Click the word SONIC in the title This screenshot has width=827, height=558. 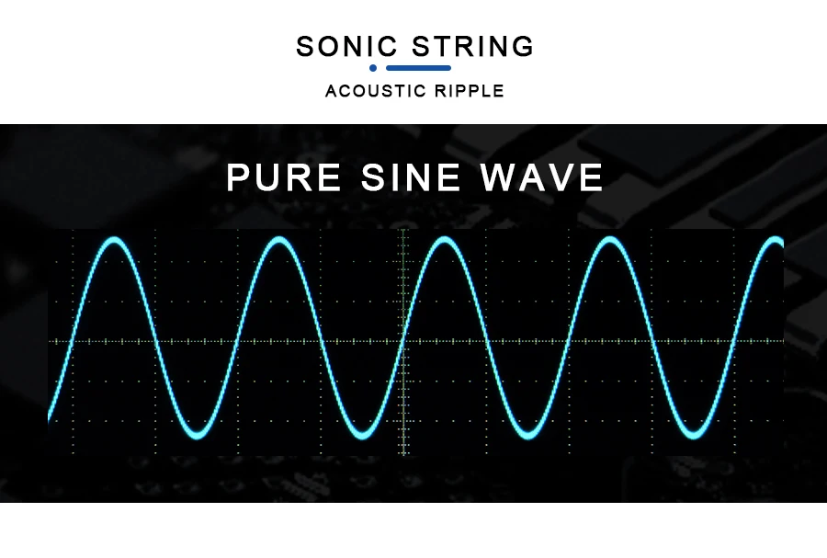point(346,46)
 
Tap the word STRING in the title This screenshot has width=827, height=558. point(472,46)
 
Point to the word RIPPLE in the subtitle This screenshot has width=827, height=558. point(470,91)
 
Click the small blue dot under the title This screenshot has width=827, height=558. point(373,67)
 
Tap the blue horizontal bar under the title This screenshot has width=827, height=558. point(418,67)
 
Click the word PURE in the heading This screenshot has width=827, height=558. point(284,177)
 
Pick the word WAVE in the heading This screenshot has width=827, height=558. point(541,177)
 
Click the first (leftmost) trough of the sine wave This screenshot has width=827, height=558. point(198,435)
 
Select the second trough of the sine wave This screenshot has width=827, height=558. point(362,435)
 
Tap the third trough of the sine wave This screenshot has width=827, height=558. point(528,435)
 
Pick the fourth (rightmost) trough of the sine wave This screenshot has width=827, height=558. point(693,435)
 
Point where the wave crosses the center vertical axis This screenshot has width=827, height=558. point(403,340)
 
